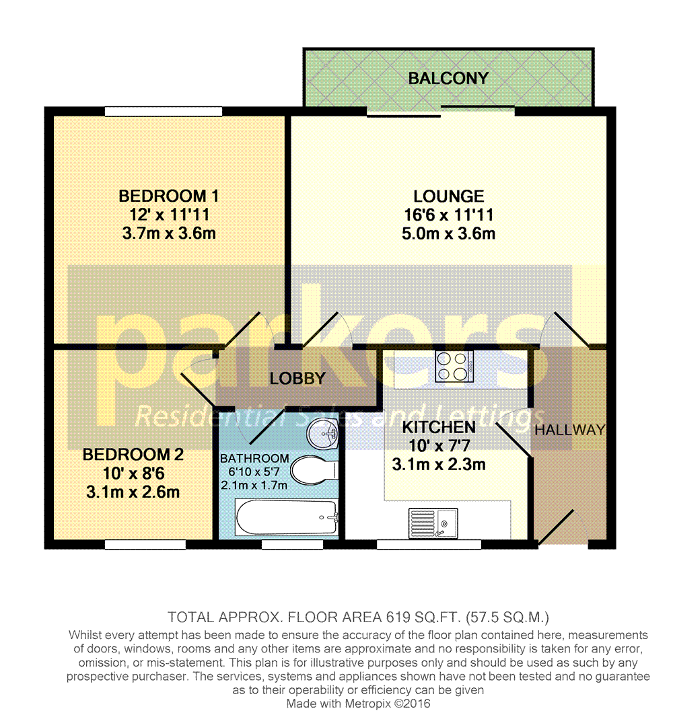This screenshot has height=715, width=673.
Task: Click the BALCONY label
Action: [448, 79]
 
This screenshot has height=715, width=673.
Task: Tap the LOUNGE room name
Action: [448, 196]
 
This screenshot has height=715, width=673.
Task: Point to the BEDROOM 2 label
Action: [133, 455]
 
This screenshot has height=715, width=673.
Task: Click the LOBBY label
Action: [297, 379]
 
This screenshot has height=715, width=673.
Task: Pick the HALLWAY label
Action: [570, 430]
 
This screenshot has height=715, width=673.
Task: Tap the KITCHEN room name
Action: [439, 427]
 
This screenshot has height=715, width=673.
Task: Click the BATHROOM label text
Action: [254, 459]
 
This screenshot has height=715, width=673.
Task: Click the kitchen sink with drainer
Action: [433, 522]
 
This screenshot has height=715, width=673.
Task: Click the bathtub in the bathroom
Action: [286, 518]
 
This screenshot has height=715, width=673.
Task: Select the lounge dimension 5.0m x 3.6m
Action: [448, 233]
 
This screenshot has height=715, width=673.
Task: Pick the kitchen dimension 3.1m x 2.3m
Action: [439, 464]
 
